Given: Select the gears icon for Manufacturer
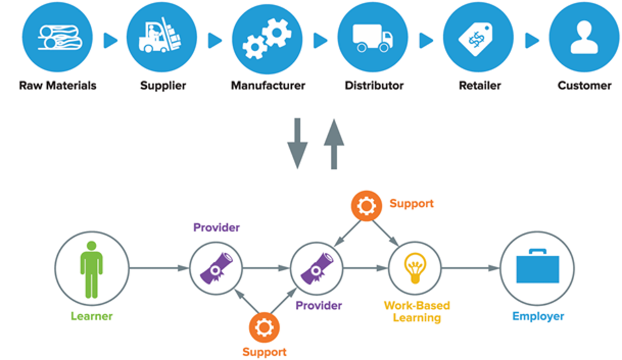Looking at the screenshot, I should point(267,39).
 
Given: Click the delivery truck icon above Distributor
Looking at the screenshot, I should point(372,38).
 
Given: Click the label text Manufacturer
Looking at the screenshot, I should point(268,86).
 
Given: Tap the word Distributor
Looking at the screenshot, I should point(374,86).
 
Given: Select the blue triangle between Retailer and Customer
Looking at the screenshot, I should point(532,40).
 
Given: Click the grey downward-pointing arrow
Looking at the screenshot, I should point(297,143).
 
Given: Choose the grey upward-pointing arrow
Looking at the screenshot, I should point(334,143).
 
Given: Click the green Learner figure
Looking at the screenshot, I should point(92,269).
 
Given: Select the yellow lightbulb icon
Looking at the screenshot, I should point(415,268).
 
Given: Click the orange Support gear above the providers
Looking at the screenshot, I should point(366,206).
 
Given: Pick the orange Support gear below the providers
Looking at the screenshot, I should point(264,327).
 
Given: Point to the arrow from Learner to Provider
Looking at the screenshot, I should point(159,268).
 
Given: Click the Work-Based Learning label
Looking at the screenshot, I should point(417,311).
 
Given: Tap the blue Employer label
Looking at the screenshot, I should point(538,316).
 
